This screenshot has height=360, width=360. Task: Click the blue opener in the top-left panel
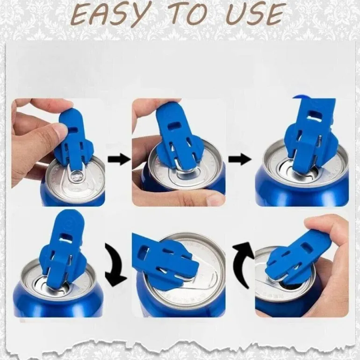74,140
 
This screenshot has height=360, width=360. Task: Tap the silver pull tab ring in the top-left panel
76,177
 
